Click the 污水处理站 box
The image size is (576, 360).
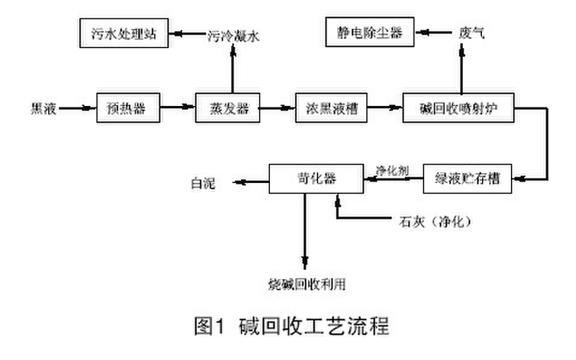pos(124,34)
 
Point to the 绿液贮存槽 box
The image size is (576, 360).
pos(468,179)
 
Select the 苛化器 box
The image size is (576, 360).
pos(316,179)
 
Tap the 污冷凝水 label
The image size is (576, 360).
pos(233,36)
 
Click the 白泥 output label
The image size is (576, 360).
pos(200,181)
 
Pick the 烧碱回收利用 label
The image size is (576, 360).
pos(307,284)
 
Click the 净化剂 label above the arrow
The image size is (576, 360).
pos(392,170)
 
